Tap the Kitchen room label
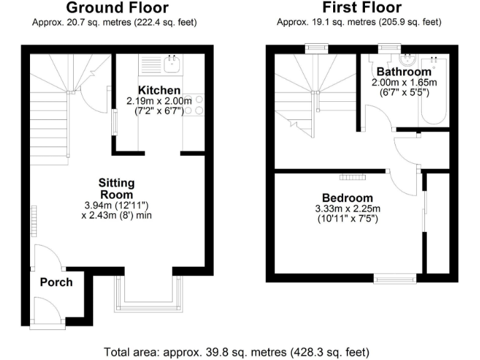tap(159, 91)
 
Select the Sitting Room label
tap(116, 189)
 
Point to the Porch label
tap(56, 282)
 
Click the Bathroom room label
tap(404, 72)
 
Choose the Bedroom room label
tap(347, 198)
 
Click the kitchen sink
tap(170, 62)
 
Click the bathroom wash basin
tap(407, 61)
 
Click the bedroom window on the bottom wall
tap(395, 277)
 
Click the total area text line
tap(240, 351)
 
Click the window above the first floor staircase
tap(316, 48)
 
